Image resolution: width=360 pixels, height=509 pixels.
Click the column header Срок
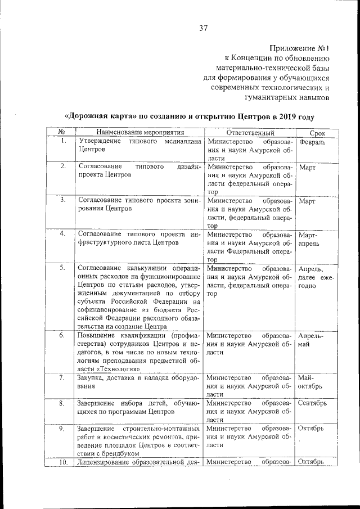click(x=317, y=132)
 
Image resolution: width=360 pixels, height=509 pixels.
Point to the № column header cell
click(x=63, y=132)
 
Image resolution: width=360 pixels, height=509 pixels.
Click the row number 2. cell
click(x=63, y=167)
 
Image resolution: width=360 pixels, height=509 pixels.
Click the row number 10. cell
click(x=63, y=462)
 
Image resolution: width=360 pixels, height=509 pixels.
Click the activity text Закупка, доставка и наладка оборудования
click(x=138, y=382)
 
